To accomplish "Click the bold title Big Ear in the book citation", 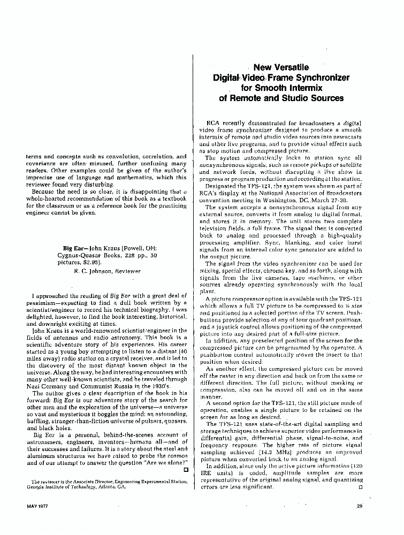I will [73, 248].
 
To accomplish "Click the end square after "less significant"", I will [360, 487].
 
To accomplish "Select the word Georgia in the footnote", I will [35, 487].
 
